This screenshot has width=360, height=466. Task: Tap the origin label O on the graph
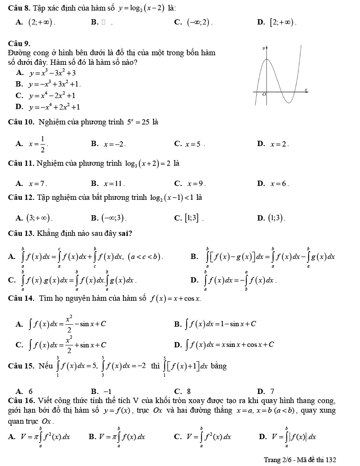click(x=264, y=96)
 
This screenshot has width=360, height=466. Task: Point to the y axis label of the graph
click(x=263, y=49)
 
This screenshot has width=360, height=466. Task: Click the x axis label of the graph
click(x=305, y=90)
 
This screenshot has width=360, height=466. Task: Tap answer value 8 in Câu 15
click(x=189, y=377)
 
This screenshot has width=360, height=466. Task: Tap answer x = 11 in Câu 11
click(x=114, y=183)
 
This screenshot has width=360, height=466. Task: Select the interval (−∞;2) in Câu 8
click(x=199, y=22)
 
